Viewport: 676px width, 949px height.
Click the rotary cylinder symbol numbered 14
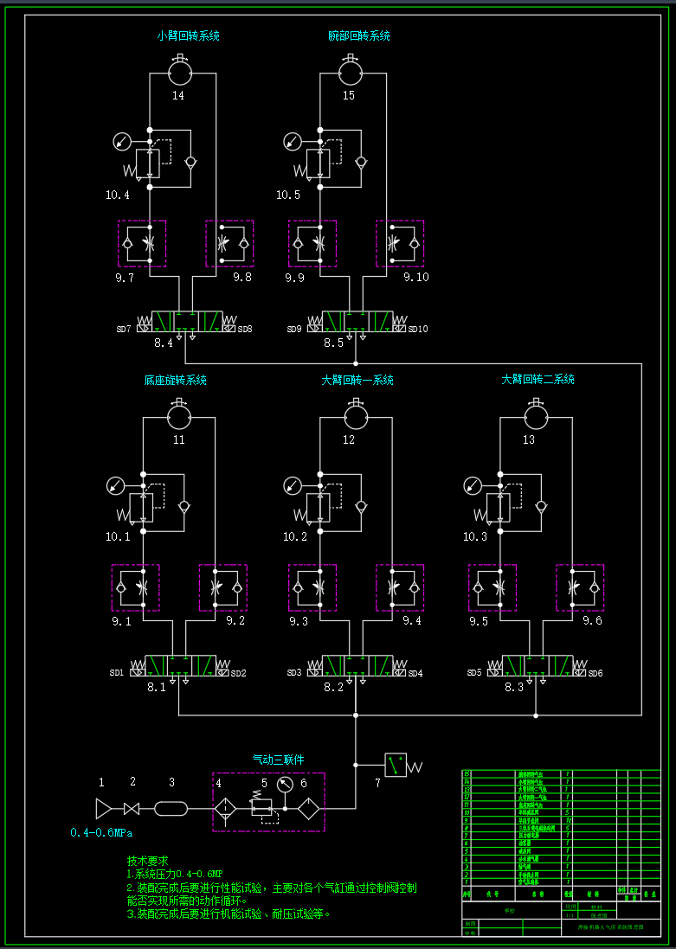[178, 67]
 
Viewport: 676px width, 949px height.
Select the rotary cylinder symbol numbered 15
[349, 67]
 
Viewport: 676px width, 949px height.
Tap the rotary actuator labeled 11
[179, 415]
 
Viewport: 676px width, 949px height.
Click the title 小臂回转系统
[188, 36]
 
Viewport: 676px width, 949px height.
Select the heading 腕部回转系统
[359, 36]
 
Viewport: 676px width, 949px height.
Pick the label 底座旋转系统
[175, 380]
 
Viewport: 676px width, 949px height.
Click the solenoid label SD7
[124, 329]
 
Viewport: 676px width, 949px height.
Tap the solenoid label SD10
[418, 329]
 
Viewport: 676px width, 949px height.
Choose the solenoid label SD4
[415, 673]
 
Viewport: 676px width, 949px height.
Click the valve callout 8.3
[514, 687]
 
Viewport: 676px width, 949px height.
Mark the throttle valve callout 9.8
[241, 277]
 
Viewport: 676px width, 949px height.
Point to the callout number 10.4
[118, 195]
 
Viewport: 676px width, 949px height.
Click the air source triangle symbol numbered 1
[104, 809]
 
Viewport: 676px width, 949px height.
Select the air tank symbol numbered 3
[171, 809]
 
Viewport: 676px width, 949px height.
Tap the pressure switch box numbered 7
[396, 765]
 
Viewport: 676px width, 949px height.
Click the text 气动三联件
[278, 760]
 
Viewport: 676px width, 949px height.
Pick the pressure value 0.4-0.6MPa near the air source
[101, 833]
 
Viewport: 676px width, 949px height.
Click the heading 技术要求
[148, 861]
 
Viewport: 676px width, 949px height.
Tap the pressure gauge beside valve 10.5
[292, 140]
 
